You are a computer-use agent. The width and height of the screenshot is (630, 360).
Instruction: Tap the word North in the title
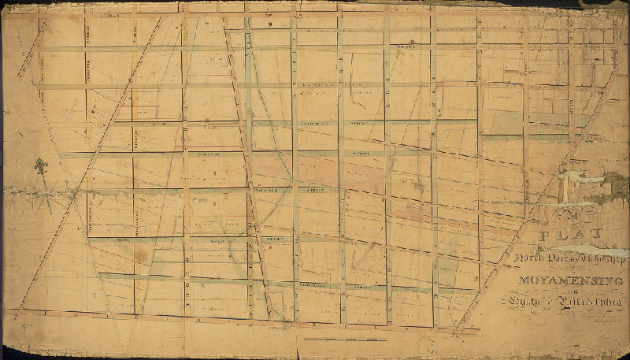[x=531, y=259]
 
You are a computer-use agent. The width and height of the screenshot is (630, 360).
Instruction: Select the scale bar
[x=346, y=340]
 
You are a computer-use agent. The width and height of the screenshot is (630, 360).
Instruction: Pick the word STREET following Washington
[x=363, y=288]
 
